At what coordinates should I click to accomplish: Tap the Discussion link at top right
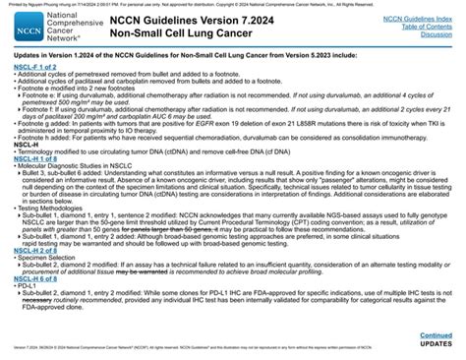click(434, 33)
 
